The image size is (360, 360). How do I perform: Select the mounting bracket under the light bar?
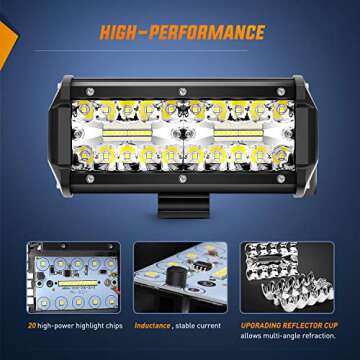pyautogui.click(x=181, y=184)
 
